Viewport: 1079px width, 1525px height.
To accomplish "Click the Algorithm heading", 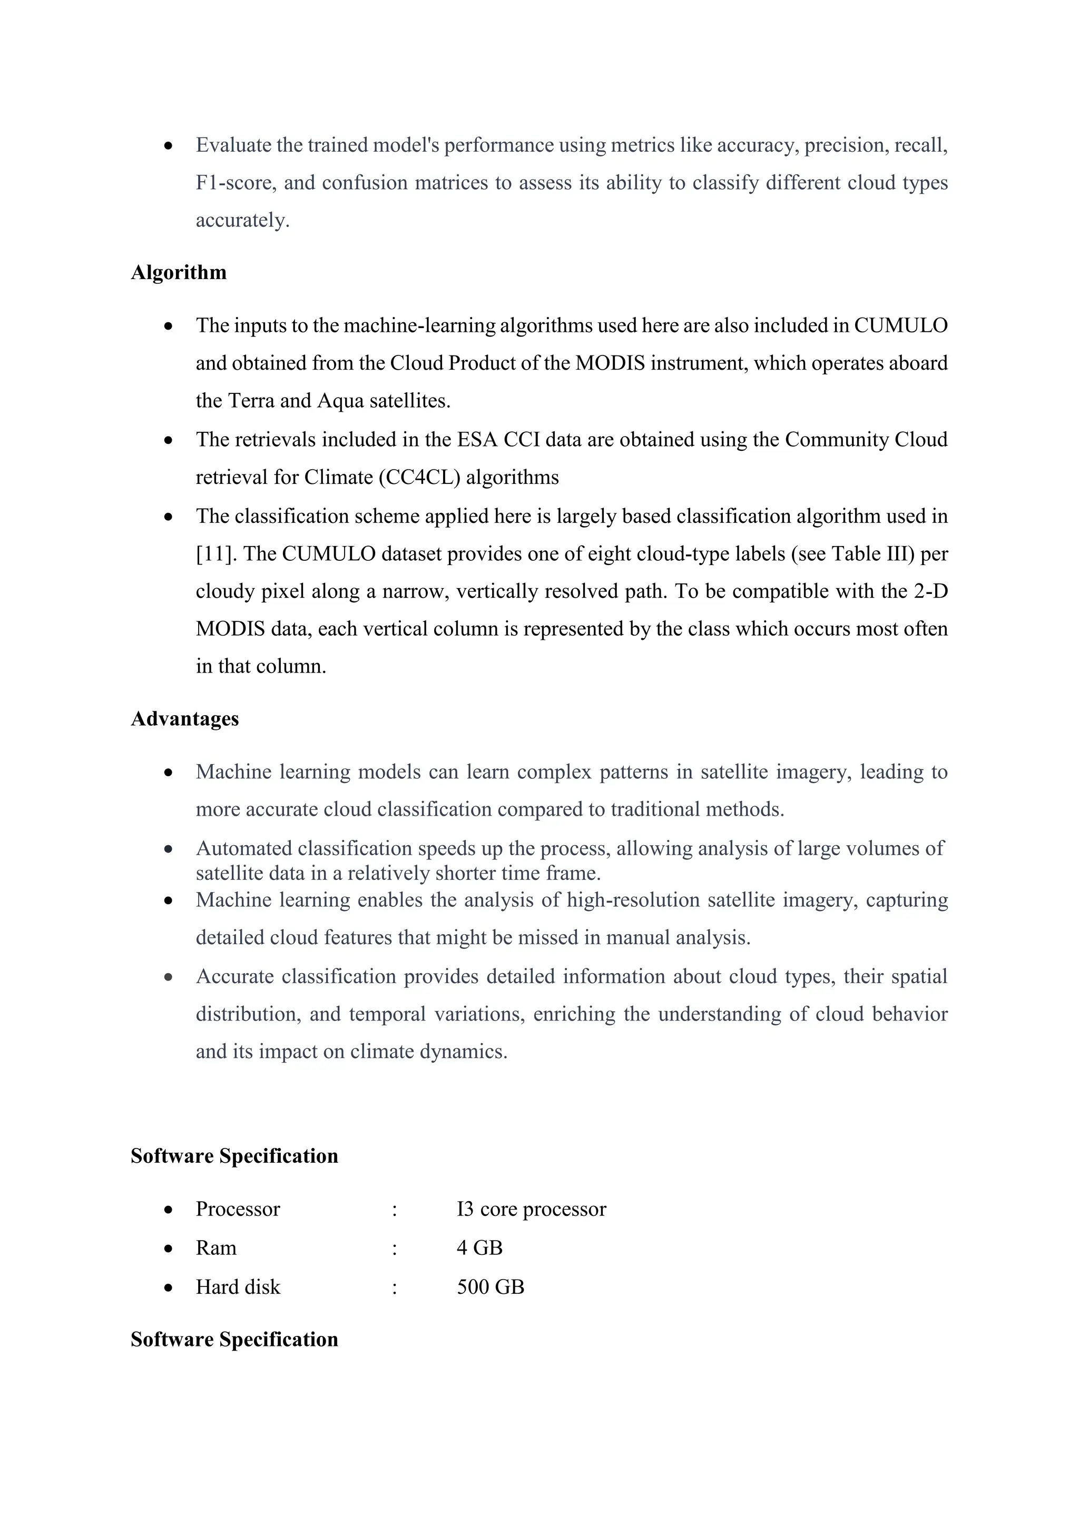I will [178, 272].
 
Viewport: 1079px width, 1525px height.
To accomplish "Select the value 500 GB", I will [491, 1287].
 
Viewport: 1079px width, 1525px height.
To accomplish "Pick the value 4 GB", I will [479, 1248].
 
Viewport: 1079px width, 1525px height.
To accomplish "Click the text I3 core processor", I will [531, 1209].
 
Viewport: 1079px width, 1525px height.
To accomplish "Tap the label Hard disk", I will [238, 1287].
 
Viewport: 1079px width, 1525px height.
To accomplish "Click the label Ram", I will [216, 1248].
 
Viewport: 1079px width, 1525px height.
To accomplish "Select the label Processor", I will [238, 1209].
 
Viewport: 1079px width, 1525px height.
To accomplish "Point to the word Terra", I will [250, 401].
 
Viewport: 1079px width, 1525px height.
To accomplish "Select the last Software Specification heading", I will [234, 1339].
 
